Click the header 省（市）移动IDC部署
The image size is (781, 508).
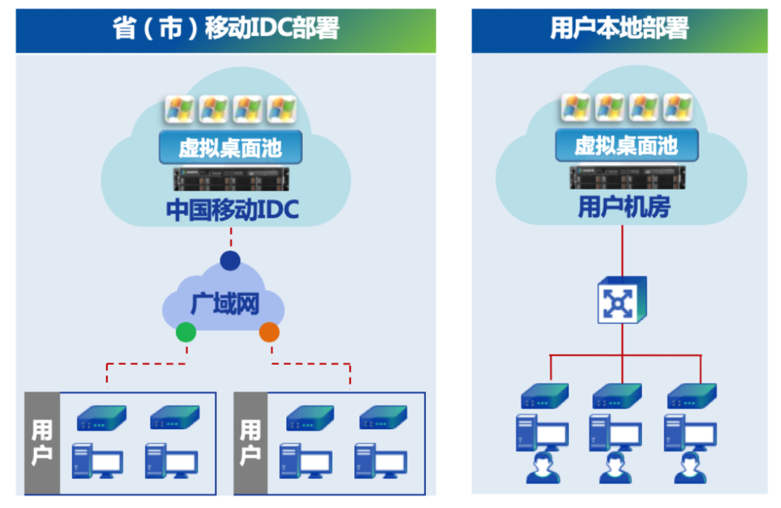coord(226,30)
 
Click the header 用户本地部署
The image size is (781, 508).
coord(619,30)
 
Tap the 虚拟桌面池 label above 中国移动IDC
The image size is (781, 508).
coord(230,148)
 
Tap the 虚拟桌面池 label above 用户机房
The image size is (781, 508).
coord(626,146)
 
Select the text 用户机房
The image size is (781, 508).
coord(623,208)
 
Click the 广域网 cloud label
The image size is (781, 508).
coord(224,304)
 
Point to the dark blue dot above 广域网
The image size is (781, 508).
coord(230,261)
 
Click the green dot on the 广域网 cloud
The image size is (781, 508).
coord(186,332)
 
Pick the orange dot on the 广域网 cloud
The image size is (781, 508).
coord(269,332)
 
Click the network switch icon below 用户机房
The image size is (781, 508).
coord(621,300)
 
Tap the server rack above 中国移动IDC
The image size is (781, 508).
coord(231,179)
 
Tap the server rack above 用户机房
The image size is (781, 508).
coord(626,177)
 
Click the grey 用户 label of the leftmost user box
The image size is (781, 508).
coord(42,443)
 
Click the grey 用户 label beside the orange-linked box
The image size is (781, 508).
coord(250,443)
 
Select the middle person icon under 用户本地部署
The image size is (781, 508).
coord(615,469)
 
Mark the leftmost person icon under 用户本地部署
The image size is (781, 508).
coord(540,469)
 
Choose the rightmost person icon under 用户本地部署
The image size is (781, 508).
coord(689,469)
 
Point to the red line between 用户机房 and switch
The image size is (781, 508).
coord(622,250)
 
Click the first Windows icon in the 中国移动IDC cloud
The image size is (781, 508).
coord(179,109)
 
